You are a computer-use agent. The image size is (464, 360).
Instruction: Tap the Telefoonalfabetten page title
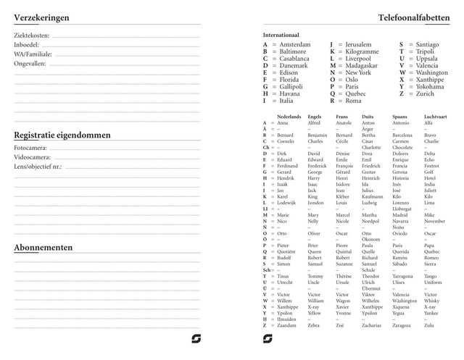[413, 17]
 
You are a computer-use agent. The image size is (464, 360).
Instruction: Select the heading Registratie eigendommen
[62, 135]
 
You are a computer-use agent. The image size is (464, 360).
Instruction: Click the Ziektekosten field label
[32, 35]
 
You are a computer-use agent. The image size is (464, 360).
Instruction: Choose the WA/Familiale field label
[33, 54]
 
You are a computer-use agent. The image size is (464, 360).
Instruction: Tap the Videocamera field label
[32, 157]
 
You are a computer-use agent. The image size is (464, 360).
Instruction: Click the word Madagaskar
[362, 66]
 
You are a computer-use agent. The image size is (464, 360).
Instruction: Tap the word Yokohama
[433, 86]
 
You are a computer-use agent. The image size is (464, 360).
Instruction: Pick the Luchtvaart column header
[436, 117]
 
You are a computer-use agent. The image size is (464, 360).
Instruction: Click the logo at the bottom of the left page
[196, 338]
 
